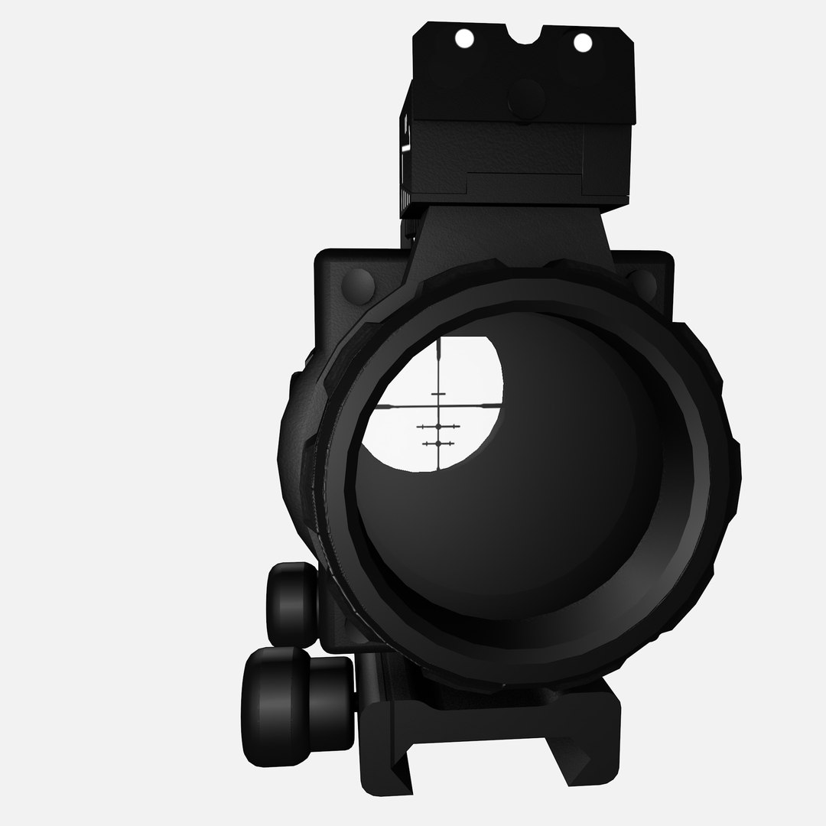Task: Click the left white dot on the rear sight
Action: click(462, 37)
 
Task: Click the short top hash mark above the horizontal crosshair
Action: click(438, 394)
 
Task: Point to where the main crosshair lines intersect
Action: click(438, 405)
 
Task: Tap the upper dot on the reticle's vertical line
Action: click(438, 426)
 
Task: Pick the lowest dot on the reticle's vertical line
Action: click(438, 444)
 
